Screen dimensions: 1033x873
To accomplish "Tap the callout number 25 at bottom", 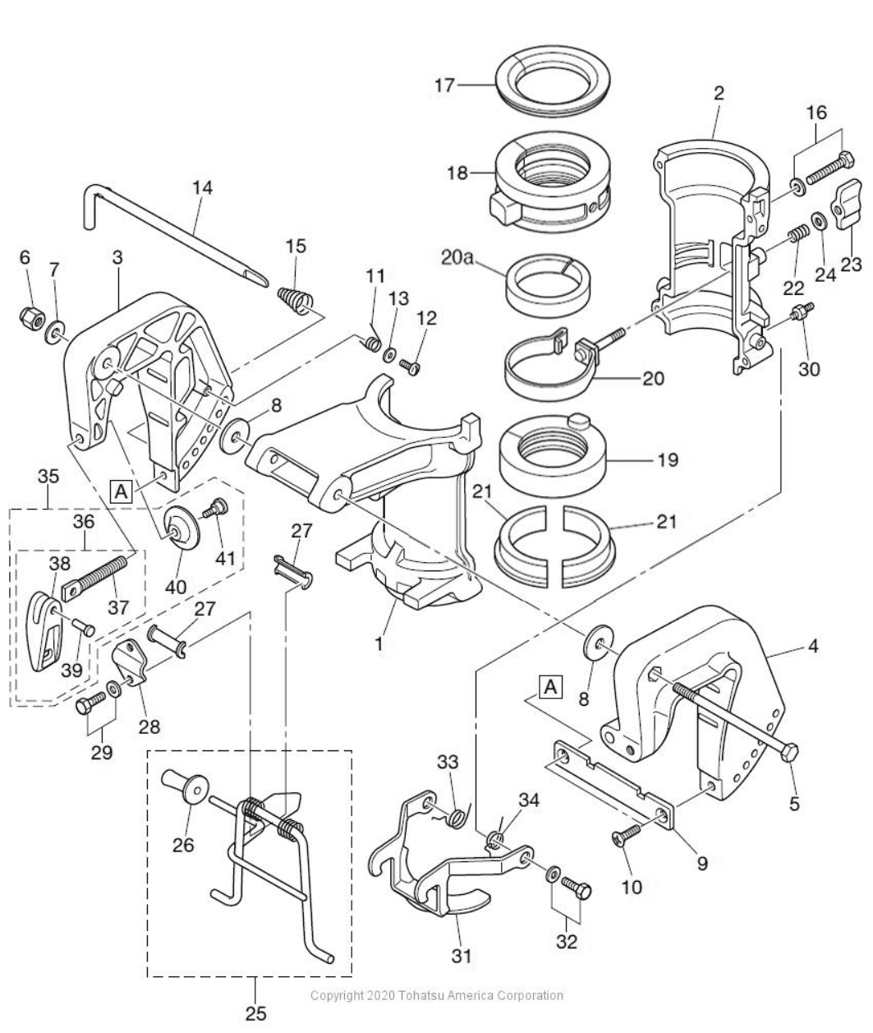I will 256,1013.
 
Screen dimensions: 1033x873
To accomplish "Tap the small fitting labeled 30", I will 802,313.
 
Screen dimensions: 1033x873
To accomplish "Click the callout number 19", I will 667,460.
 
